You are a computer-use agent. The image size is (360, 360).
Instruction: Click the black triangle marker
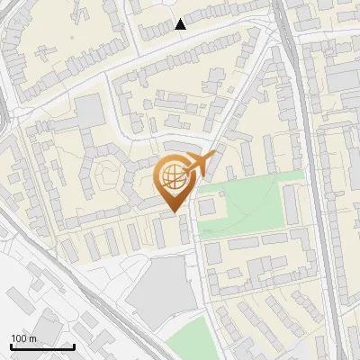click(x=181, y=24)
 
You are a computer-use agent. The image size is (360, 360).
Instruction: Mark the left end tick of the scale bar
click(x=11, y=346)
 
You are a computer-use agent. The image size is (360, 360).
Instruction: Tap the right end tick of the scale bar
click(x=74, y=346)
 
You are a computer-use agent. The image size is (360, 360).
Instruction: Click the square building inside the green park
click(x=207, y=208)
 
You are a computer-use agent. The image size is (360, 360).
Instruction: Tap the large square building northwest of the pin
click(x=89, y=112)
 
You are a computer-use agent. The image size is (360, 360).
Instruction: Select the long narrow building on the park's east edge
click(x=293, y=208)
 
